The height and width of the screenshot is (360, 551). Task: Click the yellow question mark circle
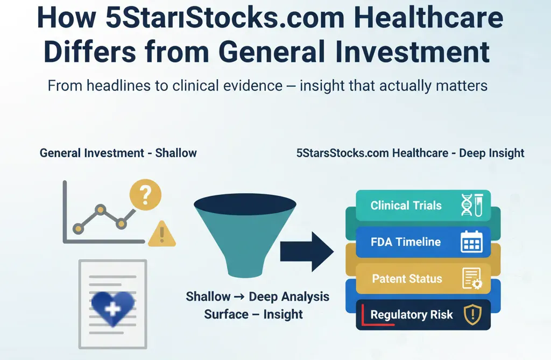[145, 194]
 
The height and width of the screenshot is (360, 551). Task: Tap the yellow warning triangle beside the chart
[162, 234]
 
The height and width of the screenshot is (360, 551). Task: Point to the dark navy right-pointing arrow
[307, 252]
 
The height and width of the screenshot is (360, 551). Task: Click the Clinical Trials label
[406, 206]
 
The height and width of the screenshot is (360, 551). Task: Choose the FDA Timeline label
[406, 242]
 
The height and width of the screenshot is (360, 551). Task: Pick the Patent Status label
[407, 279]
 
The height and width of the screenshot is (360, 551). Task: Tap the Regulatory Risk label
[412, 315]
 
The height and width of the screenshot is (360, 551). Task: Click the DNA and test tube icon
[472, 205]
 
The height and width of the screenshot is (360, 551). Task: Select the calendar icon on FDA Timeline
[471, 242]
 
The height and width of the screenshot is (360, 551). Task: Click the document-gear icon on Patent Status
[472, 279]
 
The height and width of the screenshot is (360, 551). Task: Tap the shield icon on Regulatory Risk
[472, 315]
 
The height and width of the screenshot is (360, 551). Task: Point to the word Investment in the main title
[412, 52]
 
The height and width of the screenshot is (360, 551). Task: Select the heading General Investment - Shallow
[118, 153]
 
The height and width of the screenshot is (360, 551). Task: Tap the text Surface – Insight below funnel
[253, 314]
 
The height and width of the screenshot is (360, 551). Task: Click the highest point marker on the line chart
[101, 210]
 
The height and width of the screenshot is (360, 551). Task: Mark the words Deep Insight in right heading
[492, 153]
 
